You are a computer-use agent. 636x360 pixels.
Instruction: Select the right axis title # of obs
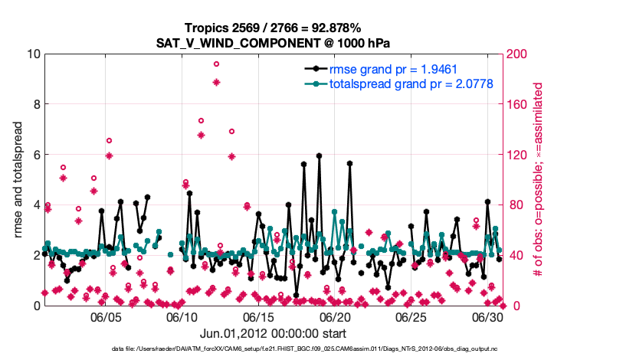pyautogui.click(x=539, y=180)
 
